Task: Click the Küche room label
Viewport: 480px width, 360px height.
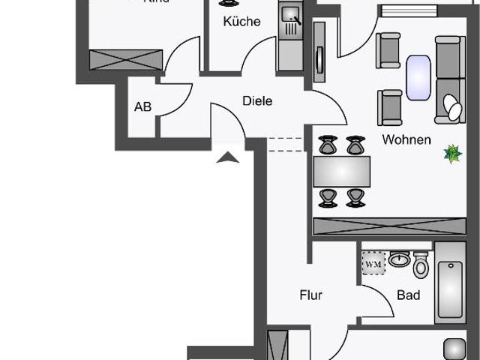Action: [x=241, y=21]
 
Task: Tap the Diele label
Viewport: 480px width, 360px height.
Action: [x=257, y=101]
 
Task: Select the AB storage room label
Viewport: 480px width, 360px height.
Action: [x=142, y=106]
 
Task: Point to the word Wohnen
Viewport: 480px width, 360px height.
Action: [x=406, y=139]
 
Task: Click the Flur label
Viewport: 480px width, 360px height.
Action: [x=310, y=295]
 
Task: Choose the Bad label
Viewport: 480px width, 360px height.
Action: [x=409, y=295]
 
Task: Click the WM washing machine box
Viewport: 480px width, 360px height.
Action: [x=373, y=263]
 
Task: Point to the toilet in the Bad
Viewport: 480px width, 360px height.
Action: [x=421, y=265]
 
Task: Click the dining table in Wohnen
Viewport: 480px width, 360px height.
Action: [x=341, y=172]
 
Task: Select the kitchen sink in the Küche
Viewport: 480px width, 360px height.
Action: [x=289, y=13]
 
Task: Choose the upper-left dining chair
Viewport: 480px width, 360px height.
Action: [x=328, y=145]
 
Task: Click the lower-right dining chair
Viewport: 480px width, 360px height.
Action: [x=355, y=198]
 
